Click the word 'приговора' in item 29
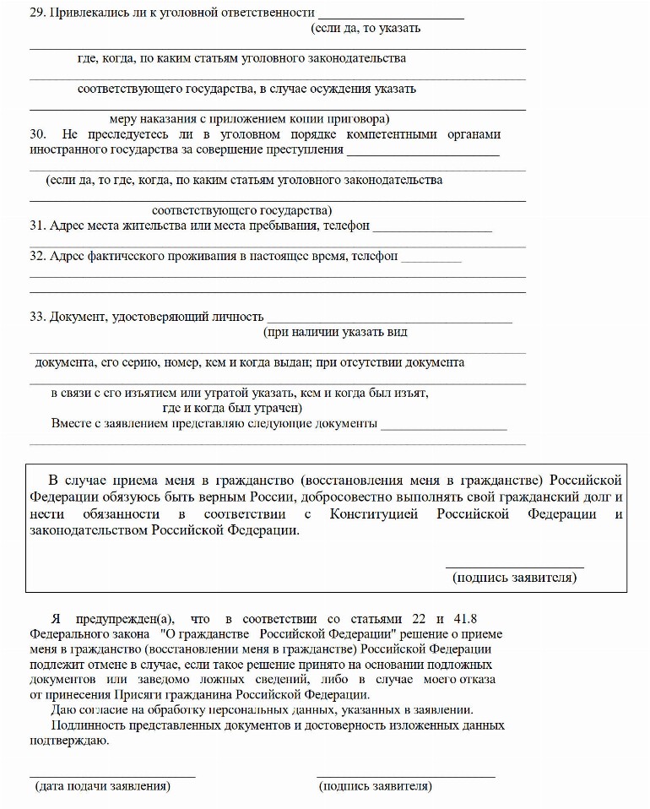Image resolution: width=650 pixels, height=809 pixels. pyautogui.click(x=359, y=119)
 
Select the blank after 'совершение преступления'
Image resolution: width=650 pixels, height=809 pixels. pyautogui.click(x=423, y=154)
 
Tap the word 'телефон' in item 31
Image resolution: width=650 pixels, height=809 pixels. pyautogui.click(x=345, y=225)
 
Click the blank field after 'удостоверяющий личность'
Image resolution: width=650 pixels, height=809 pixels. pyautogui.click(x=389, y=321)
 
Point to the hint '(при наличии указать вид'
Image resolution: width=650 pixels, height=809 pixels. pyautogui.click(x=335, y=332)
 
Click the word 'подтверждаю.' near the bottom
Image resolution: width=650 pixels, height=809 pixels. pyautogui.click(x=69, y=741)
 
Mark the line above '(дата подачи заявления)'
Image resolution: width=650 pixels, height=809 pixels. pyautogui.click(x=112, y=775)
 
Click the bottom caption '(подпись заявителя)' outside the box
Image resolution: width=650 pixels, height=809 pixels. pyautogui.click(x=376, y=786)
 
